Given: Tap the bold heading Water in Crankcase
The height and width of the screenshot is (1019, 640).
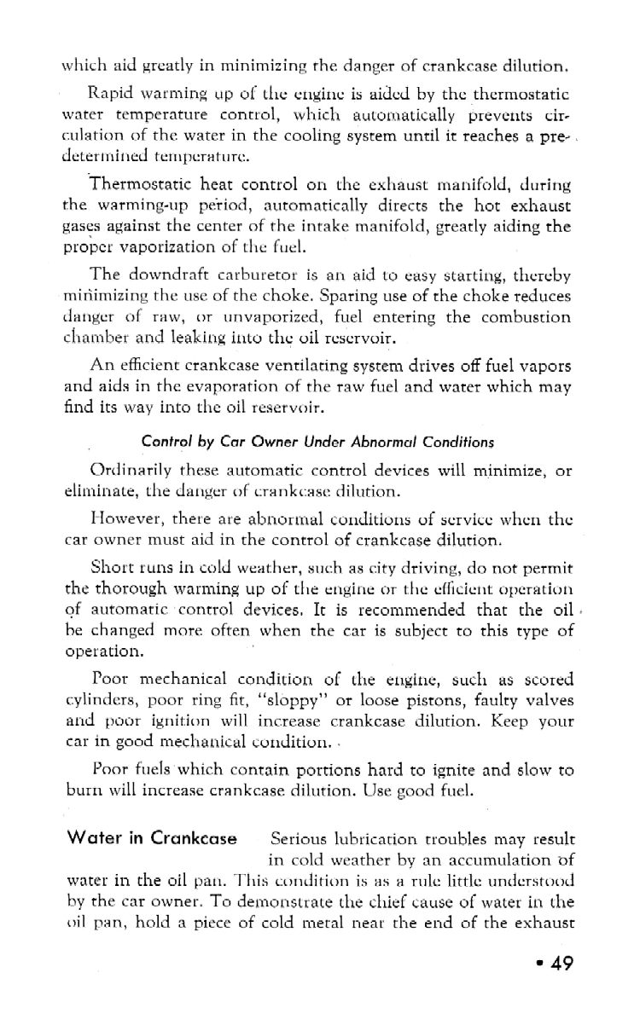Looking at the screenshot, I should point(152,837).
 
